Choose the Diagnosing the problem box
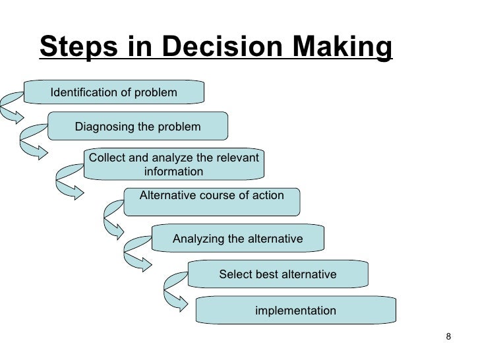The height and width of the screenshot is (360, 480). (x=138, y=126)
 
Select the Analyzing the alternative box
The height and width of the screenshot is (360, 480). (x=238, y=239)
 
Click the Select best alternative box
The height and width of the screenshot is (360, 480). (x=278, y=274)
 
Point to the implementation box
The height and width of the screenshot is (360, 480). (x=295, y=310)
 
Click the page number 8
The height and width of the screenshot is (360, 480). (x=449, y=338)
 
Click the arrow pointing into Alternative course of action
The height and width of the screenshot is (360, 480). (x=69, y=181)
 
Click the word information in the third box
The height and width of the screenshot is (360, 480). (x=173, y=171)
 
